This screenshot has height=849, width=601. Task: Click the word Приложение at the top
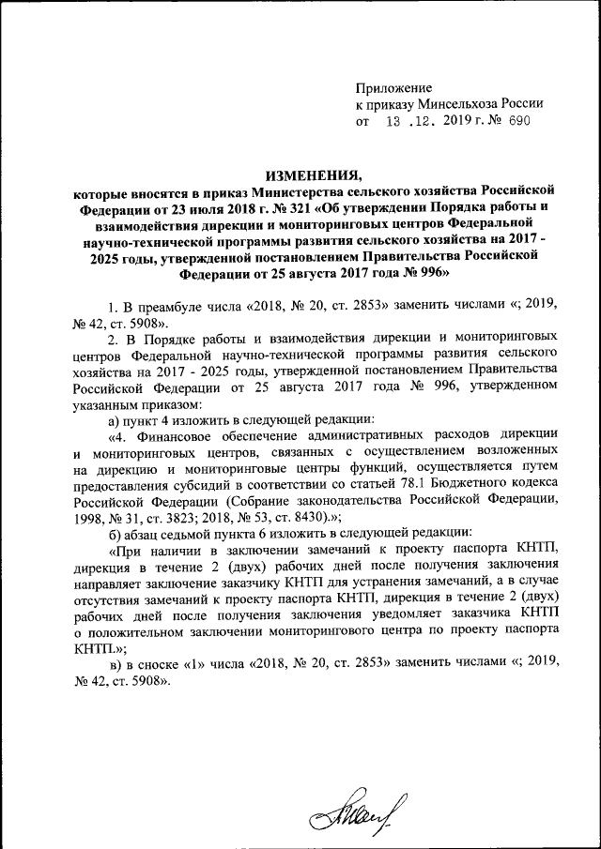(393, 86)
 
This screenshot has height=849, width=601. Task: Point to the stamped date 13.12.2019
(423, 122)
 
